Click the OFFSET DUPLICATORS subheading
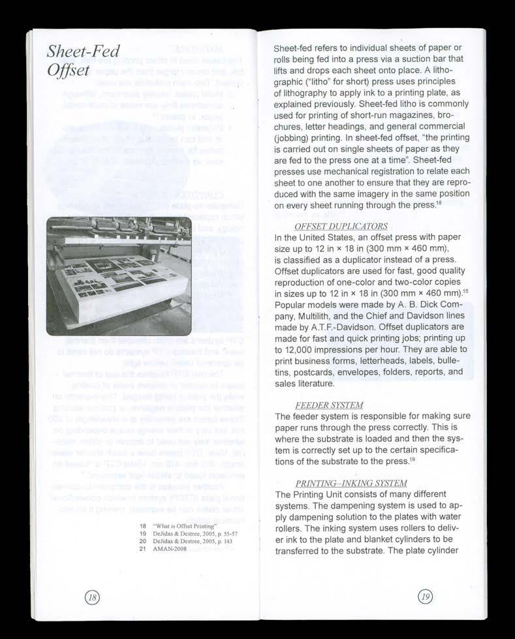(x=341, y=226)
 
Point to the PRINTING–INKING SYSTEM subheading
(x=351, y=483)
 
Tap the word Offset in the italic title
(x=67, y=70)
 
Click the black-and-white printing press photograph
(x=119, y=275)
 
